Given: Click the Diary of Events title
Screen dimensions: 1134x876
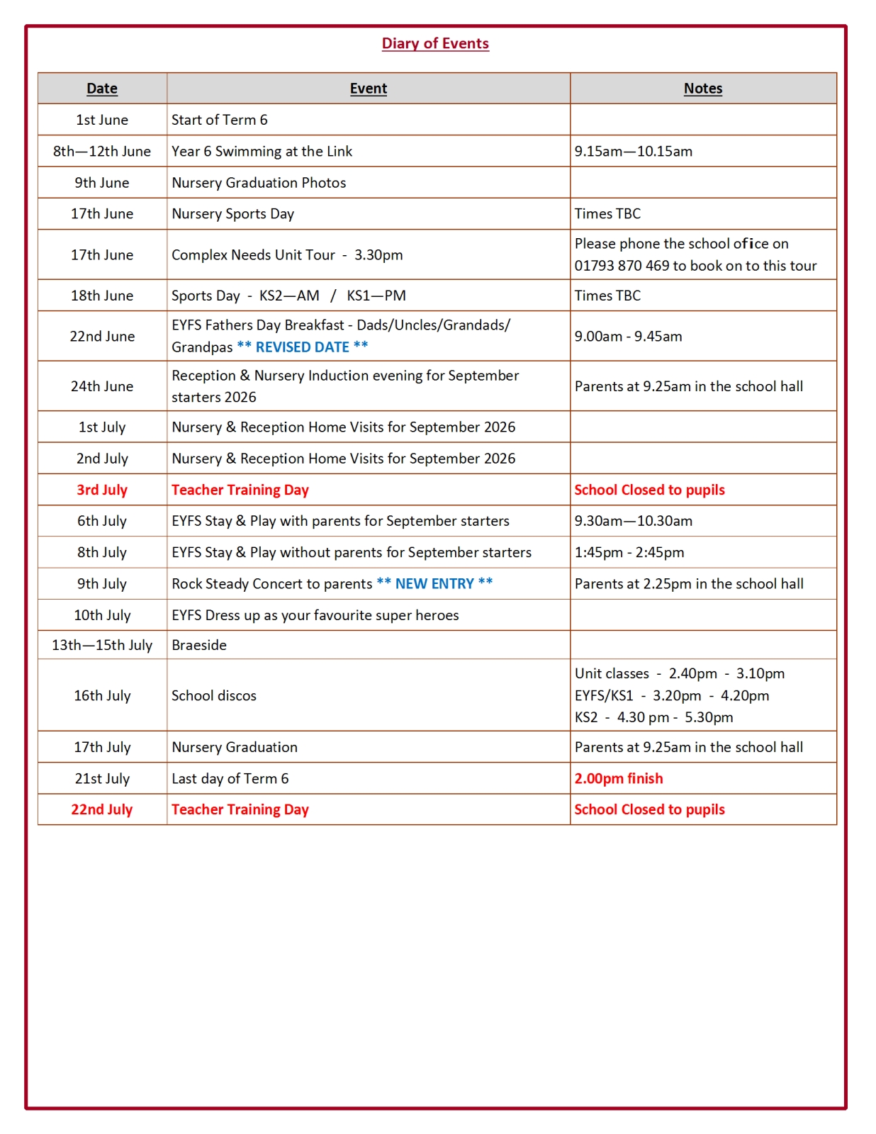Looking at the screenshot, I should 435,43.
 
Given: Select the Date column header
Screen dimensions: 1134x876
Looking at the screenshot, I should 102,89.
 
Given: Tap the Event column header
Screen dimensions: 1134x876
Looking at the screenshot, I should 368,89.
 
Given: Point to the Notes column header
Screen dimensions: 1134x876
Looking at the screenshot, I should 702,89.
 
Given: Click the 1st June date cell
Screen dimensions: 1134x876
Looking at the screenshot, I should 102,120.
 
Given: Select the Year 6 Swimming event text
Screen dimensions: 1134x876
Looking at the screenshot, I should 262,151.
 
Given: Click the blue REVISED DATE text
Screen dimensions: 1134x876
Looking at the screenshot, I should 303,347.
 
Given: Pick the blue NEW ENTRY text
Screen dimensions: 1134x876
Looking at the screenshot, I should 434,583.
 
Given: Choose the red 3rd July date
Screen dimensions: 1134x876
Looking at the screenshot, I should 102,490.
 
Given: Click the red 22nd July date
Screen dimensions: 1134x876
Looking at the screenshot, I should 102,809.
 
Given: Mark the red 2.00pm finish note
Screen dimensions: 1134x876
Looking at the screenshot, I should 618,778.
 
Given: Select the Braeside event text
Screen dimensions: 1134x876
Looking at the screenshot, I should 199,645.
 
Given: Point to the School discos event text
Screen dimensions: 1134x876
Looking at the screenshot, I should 214,695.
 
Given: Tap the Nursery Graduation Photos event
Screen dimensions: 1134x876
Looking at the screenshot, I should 259,182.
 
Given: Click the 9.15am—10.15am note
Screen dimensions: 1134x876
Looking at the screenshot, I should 633,151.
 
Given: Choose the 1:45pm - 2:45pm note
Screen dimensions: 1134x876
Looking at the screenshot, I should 629,552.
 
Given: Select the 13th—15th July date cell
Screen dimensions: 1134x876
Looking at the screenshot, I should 102,645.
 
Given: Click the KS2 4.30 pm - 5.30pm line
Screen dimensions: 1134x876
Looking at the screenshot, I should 653,717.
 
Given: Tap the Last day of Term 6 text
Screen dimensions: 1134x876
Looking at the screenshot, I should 230,778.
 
